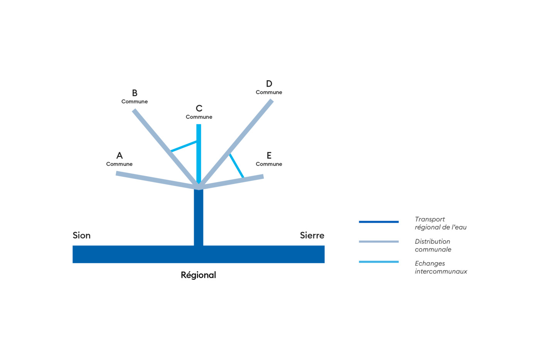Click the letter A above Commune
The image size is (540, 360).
coord(120,155)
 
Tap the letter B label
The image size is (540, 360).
coord(135,93)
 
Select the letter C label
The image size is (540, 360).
coord(199,108)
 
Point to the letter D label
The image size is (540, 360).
coord(269,84)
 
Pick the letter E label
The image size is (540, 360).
coord(269,155)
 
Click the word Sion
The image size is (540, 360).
coord(81,235)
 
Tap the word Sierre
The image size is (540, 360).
coord(312,235)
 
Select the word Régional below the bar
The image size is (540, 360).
coord(198,275)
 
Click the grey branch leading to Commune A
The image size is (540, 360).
coord(154,180)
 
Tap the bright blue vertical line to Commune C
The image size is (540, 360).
coord(199,162)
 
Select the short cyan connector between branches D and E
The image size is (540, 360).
coord(236,166)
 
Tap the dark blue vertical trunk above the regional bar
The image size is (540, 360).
coord(198,218)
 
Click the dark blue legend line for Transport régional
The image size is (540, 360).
coord(378,222)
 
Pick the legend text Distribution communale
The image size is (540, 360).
coord(432,245)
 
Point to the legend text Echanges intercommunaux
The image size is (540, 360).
coord(440,267)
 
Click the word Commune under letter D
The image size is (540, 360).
coord(269,92)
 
